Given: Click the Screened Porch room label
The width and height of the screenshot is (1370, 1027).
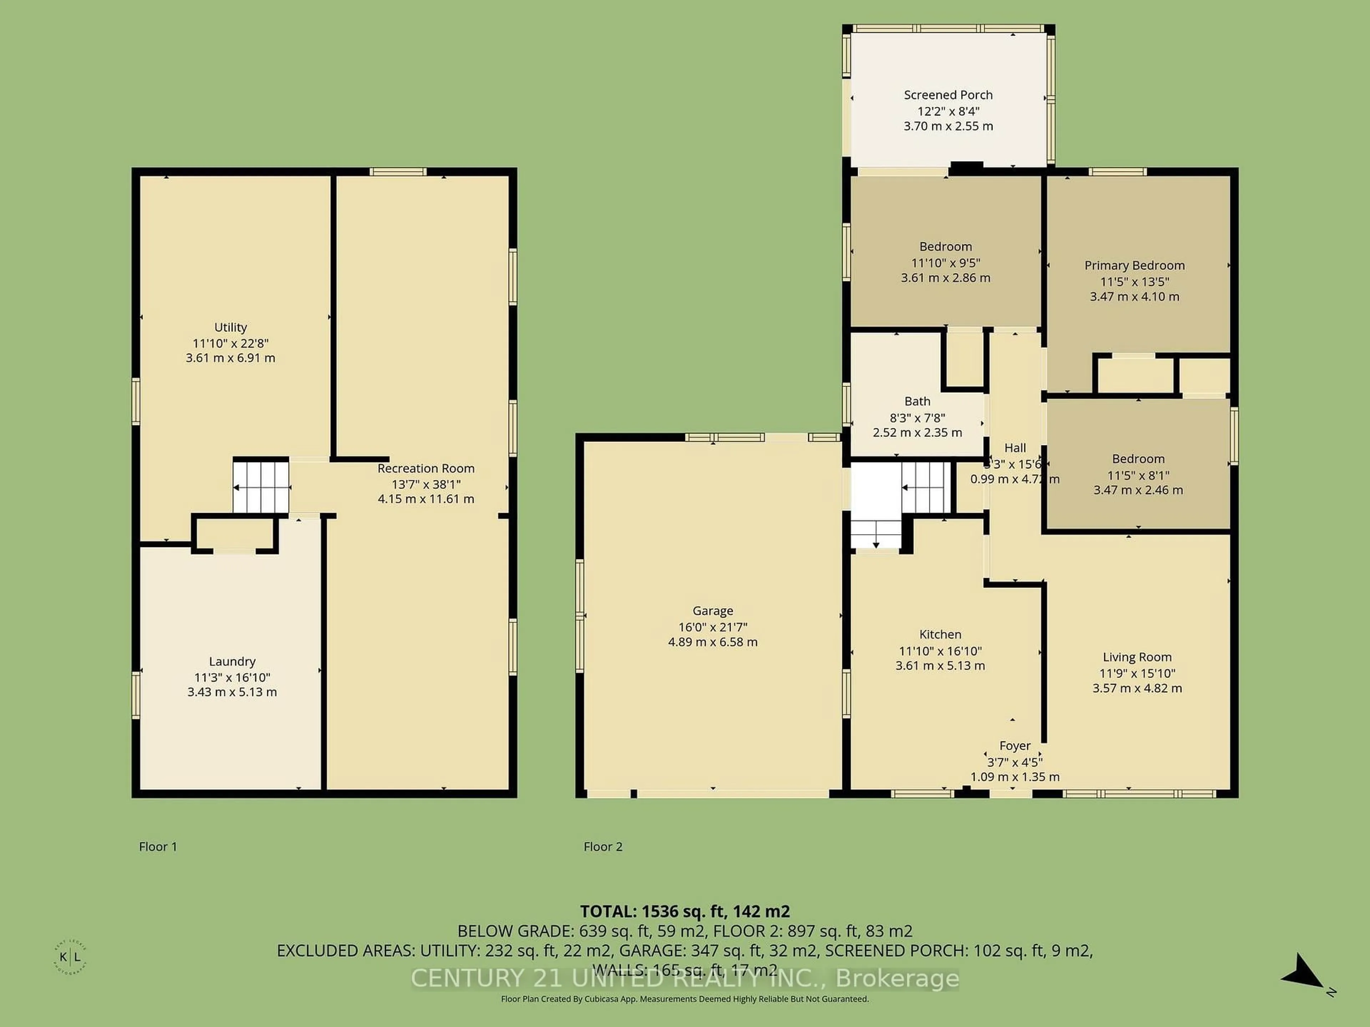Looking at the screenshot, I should (x=948, y=95).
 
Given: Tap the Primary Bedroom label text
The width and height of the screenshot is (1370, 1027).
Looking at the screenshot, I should (x=1134, y=266).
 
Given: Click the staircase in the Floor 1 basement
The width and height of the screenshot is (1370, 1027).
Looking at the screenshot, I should (x=261, y=485).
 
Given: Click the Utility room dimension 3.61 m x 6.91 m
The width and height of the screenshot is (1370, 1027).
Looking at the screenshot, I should (x=230, y=358).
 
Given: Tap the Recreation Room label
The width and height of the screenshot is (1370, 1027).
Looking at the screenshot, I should (x=426, y=469).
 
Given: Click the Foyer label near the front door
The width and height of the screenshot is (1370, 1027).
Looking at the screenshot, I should (x=1015, y=746).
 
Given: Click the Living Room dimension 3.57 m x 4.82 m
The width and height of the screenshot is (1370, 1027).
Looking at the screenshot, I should (x=1137, y=688).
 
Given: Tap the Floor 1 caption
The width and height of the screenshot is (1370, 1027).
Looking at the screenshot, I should (x=158, y=847).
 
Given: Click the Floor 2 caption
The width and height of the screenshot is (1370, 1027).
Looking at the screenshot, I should (x=603, y=847).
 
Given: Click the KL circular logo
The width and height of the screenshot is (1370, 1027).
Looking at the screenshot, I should (x=70, y=958).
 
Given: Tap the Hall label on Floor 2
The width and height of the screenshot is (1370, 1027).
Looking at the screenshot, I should (x=1015, y=448).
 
